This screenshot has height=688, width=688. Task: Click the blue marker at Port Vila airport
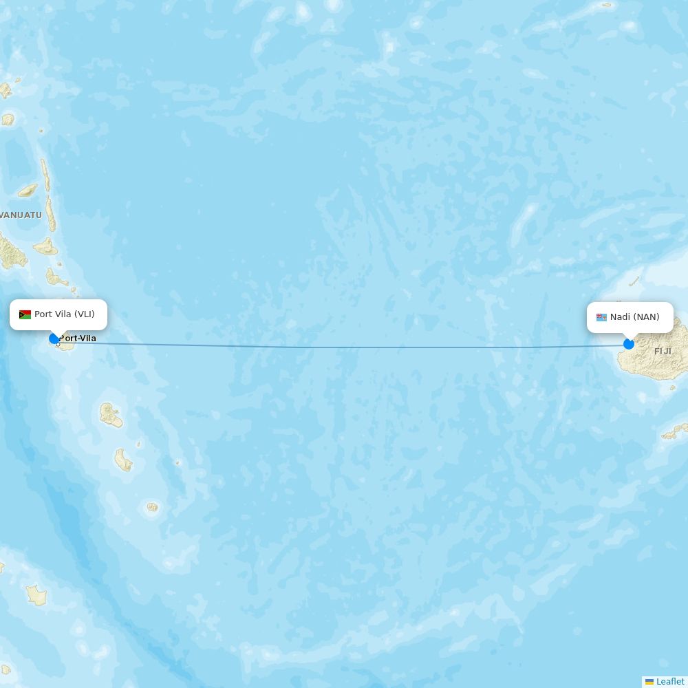tap(54, 338)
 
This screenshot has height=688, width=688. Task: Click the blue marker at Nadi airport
tap(629, 344)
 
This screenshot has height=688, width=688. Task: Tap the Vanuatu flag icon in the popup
tap(25, 315)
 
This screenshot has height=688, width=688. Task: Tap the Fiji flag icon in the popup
tap(601, 317)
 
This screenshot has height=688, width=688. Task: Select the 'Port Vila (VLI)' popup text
tap(65, 314)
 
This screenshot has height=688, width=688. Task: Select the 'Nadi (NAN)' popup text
tap(634, 317)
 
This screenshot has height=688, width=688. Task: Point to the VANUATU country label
tap(21, 215)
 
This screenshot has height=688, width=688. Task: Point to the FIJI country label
tap(663, 352)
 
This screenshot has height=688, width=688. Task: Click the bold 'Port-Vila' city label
tap(78, 338)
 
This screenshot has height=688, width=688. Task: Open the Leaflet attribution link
tap(670, 682)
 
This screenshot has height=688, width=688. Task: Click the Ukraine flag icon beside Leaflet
tap(649, 682)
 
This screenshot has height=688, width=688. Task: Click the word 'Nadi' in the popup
tap(620, 317)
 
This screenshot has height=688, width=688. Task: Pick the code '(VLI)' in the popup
tap(85, 314)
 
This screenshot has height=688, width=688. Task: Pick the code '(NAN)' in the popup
tap(647, 317)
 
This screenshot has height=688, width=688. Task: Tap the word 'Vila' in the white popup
tap(63, 314)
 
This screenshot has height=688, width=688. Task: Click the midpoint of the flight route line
tap(341, 347)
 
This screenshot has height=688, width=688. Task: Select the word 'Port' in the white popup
tap(43, 314)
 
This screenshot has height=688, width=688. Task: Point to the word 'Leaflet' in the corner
tap(670, 682)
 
